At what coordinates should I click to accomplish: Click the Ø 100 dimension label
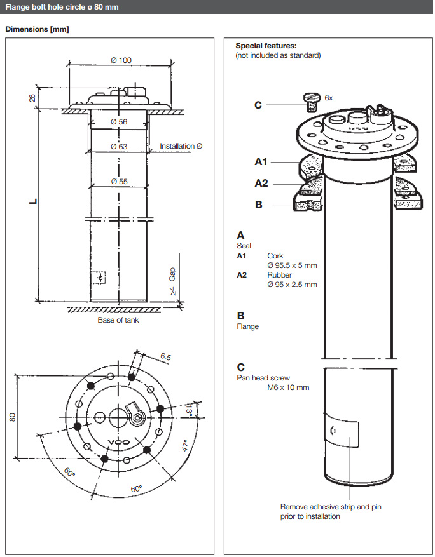click(121, 60)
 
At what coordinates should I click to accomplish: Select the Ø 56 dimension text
click(118, 121)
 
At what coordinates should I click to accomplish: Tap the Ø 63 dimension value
click(118, 146)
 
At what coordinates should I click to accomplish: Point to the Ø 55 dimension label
click(118, 181)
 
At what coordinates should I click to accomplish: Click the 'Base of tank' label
click(118, 320)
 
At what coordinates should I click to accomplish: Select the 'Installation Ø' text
click(181, 146)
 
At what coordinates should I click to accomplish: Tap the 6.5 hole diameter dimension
click(165, 357)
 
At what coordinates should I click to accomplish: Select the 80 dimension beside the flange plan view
click(12, 417)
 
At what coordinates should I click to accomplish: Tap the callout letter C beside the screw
click(258, 105)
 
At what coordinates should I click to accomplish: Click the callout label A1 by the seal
click(261, 162)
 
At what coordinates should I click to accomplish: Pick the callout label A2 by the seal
click(261, 183)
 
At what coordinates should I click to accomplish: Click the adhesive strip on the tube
click(342, 431)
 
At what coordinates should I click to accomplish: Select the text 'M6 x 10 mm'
click(288, 387)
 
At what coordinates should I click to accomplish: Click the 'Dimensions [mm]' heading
click(37, 29)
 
